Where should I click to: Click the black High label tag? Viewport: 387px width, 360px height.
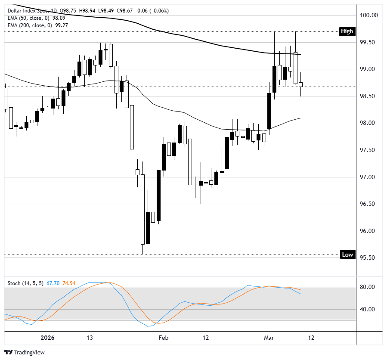(347, 31)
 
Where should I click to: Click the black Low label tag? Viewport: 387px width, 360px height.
(347, 254)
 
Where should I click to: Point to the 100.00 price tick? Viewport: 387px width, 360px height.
(368, 15)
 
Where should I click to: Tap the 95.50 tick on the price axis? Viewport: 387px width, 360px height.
(368, 258)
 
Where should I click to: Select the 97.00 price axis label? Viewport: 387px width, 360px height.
(368, 177)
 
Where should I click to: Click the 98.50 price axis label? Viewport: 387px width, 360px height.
(368, 96)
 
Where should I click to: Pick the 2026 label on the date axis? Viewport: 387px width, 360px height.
(47, 338)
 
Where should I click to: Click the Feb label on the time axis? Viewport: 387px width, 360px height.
(163, 338)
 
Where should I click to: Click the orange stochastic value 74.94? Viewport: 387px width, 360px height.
(69, 283)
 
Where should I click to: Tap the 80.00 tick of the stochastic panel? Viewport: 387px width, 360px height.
(368, 287)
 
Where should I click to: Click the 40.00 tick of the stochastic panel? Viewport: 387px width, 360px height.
(368, 309)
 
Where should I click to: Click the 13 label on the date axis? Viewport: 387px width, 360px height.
(90, 338)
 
